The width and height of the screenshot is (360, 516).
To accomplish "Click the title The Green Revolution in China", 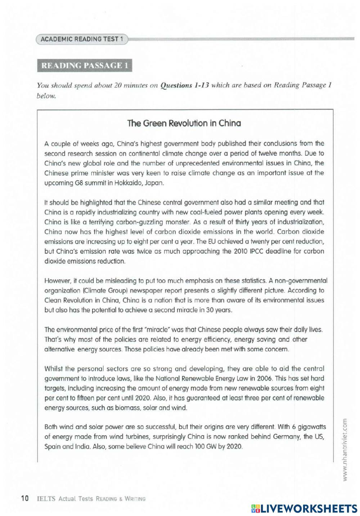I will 184,123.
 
